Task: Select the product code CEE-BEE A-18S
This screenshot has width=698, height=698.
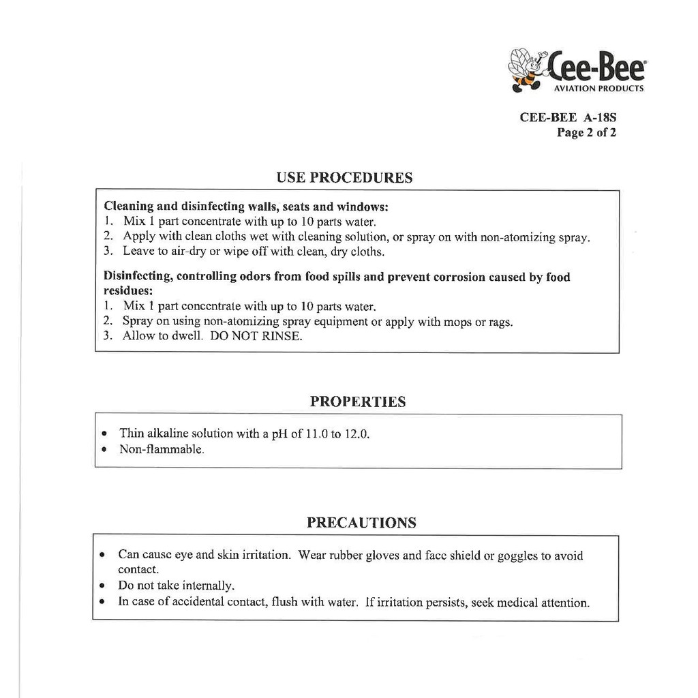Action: (568, 117)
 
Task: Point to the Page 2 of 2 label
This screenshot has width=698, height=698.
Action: (586, 133)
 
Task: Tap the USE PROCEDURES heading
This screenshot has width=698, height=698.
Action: (344, 178)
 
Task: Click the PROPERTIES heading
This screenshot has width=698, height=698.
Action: (358, 401)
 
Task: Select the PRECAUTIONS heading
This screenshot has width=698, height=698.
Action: (361, 523)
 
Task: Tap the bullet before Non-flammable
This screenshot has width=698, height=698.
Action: (103, 450)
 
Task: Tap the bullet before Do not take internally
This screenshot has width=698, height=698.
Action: (102, 586)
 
